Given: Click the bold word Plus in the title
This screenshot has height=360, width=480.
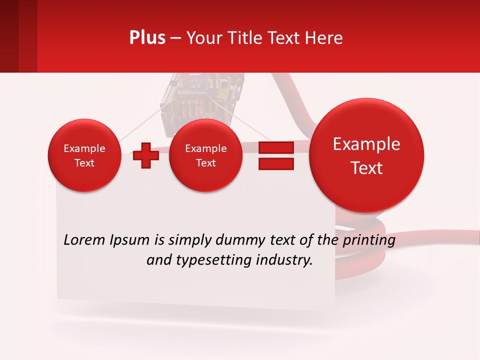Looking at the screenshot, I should click(147, 38).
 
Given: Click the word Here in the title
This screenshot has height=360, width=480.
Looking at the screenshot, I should click(324, 38).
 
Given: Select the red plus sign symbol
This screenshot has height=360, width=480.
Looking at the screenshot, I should click(146, 155).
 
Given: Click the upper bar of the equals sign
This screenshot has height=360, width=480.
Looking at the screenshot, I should click(276, 148).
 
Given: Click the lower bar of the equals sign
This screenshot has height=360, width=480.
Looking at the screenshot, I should click(276, 163).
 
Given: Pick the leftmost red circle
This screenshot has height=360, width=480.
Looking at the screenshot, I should click(84, 155).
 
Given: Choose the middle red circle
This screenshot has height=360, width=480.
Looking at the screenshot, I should click(205, 155).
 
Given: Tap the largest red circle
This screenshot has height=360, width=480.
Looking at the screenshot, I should click(366, 155).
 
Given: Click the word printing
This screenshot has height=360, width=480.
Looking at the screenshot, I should click(368, 240).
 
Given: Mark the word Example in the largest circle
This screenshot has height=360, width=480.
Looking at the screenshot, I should click(366, 144).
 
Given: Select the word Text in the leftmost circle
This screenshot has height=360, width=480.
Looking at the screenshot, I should click(84, 163).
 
